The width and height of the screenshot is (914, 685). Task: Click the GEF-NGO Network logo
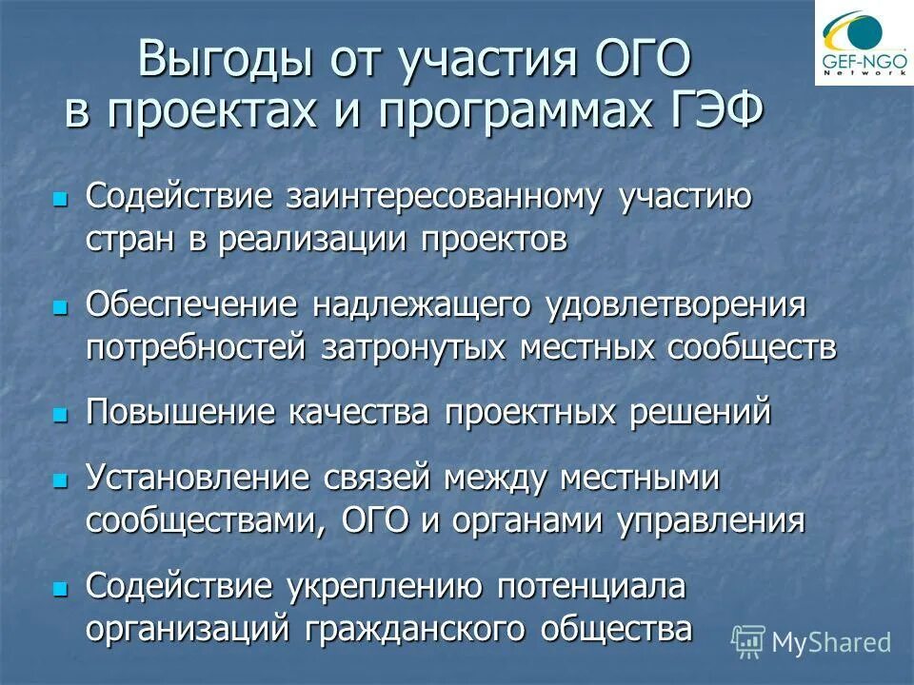click(863, 43)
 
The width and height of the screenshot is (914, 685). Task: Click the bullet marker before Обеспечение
click(61, 308)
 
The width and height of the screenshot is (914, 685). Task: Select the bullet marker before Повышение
click(61, 415)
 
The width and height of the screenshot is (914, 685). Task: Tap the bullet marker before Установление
click(61, 481)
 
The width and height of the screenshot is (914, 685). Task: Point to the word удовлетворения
click(676, 305)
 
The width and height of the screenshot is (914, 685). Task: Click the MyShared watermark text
click(830, 642)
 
